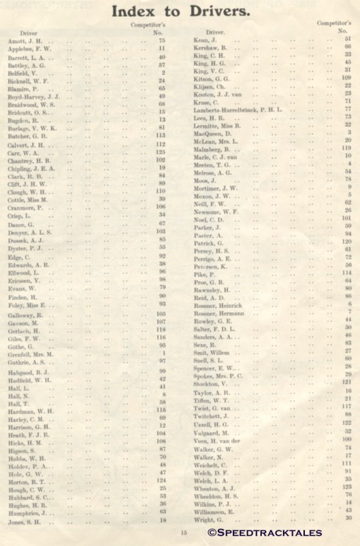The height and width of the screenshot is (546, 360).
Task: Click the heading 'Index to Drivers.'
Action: coord(180,12)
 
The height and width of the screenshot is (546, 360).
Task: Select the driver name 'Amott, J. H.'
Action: coord(24,40)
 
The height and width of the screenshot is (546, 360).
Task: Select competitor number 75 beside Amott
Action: coord(162,40)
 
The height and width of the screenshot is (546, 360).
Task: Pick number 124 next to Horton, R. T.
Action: coord(161,480)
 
